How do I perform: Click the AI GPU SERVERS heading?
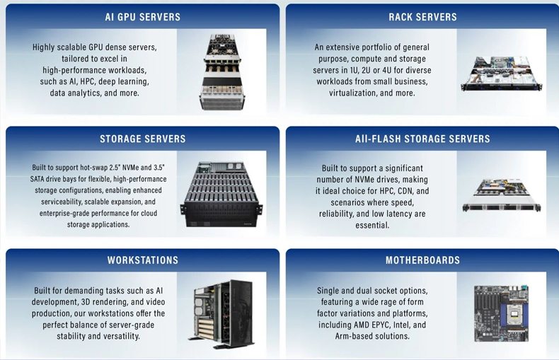142,17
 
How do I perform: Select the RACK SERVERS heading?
423,17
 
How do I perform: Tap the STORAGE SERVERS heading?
142,139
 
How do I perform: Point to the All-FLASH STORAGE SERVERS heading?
422,139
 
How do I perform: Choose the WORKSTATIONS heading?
142,260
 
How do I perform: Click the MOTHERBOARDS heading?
422,260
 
